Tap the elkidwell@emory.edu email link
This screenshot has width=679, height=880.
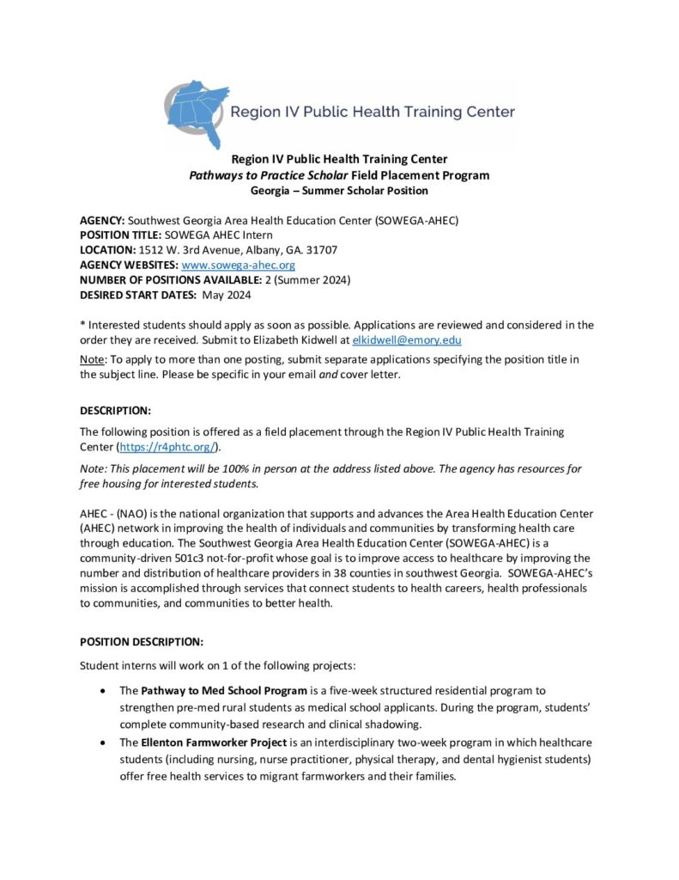pyautogui.click(x=402, y=339)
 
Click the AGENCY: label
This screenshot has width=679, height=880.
pyautogui.click(x=102, y=221)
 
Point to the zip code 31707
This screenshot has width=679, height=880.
pyautogui.click(x=322, y=250)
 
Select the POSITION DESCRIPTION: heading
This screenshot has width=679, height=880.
pyautogui.click(x=142, y=641)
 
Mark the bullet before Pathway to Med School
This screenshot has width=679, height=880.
pyautogui.click(x=104, y=690)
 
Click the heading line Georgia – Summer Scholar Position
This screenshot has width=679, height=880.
pyautogui.click(x=339, y=190)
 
